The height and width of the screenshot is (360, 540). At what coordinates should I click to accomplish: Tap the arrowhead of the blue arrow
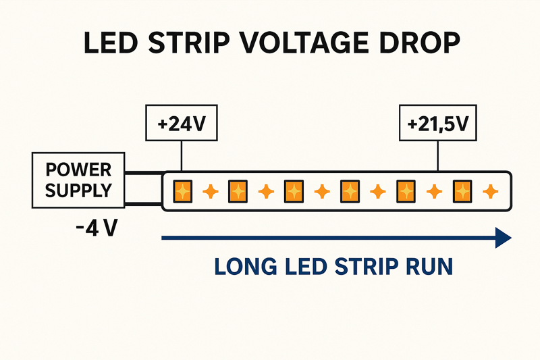pyautogui.click(x=504, y=238)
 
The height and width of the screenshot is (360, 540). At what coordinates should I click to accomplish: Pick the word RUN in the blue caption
pyautogui.click(x=428, y=266)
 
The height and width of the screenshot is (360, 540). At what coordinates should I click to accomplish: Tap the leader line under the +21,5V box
pyautogui.click(x=438, y=156)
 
